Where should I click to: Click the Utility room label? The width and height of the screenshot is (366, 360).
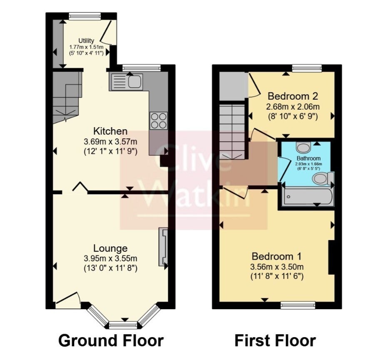point(86,41)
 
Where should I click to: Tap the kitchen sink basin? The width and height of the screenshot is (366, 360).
point(135,82)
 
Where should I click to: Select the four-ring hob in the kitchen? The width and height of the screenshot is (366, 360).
point(159,120)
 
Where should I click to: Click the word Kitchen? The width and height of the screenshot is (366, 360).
point(110,131)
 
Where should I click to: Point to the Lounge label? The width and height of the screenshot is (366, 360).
point(110,248)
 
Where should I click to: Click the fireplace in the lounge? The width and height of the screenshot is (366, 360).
point(163,247)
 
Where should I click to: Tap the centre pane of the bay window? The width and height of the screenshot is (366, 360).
point(123,325)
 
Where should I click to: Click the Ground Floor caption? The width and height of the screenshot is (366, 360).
point(111,340)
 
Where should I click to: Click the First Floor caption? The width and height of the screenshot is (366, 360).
point(275,340)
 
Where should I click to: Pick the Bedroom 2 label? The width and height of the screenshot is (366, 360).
point(293,96)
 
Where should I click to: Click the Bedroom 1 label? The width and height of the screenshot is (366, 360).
point(276,256)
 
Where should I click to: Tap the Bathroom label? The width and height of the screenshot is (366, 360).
point(309,158)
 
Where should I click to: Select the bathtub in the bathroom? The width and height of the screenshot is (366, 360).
point(308,197)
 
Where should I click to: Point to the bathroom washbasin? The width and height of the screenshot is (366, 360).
point(304,147)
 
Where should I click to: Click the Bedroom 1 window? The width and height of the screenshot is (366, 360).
point(298,305)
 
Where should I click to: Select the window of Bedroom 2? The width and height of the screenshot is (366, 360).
point(307,68)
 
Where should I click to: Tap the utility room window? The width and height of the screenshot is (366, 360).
point(85,16)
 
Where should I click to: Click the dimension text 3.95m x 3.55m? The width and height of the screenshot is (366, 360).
point(110,259)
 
